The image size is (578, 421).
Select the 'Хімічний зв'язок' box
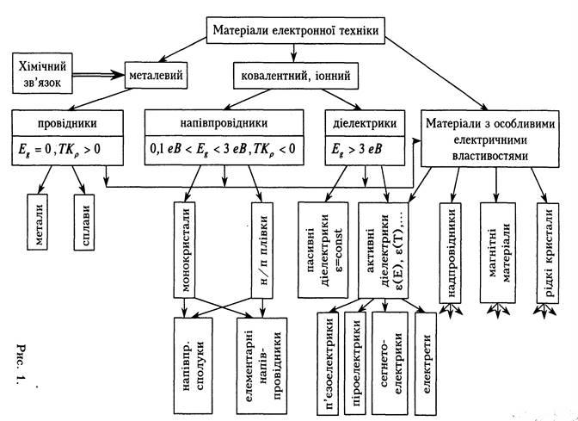43,73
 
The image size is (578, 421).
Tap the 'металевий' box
155,74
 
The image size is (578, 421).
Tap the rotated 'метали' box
44,225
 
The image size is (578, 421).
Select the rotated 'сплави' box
89,225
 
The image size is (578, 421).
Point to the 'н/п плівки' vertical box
262,242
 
